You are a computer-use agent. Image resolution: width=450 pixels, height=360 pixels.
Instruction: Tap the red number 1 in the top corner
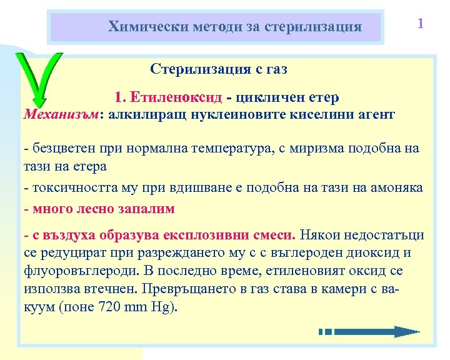click(421, 24)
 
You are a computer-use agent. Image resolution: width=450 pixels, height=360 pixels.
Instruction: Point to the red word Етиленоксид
click(177, 97)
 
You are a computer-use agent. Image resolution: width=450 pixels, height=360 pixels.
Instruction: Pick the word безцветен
click(59, 149)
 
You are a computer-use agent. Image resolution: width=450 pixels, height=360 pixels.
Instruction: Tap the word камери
click(350, 289)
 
